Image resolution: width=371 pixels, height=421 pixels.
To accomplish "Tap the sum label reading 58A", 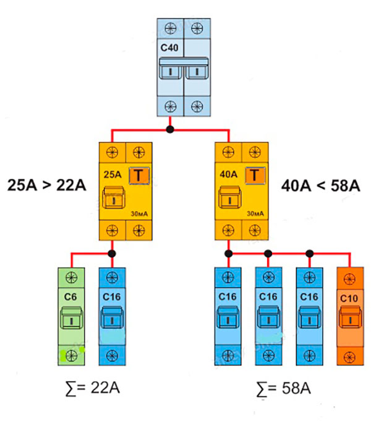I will point(284,388).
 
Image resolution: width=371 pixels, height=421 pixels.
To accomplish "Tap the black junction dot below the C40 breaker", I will point(170,130).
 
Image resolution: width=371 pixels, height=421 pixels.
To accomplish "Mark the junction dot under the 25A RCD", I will point(112,253).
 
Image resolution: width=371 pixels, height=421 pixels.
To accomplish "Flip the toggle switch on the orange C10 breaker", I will point(348,319).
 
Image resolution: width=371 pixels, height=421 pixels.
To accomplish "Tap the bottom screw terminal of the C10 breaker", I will point(348,355).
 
